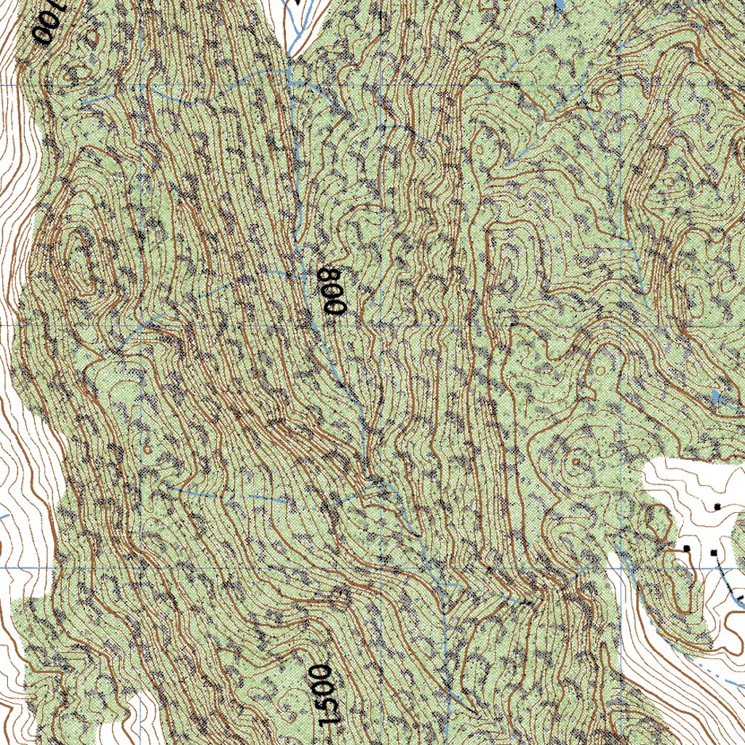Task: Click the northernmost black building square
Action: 717,506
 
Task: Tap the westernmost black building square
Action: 686,548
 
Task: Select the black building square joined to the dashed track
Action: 714,554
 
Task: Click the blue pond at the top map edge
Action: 559,4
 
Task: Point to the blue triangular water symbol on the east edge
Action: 717,398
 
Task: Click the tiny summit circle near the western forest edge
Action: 148,450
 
